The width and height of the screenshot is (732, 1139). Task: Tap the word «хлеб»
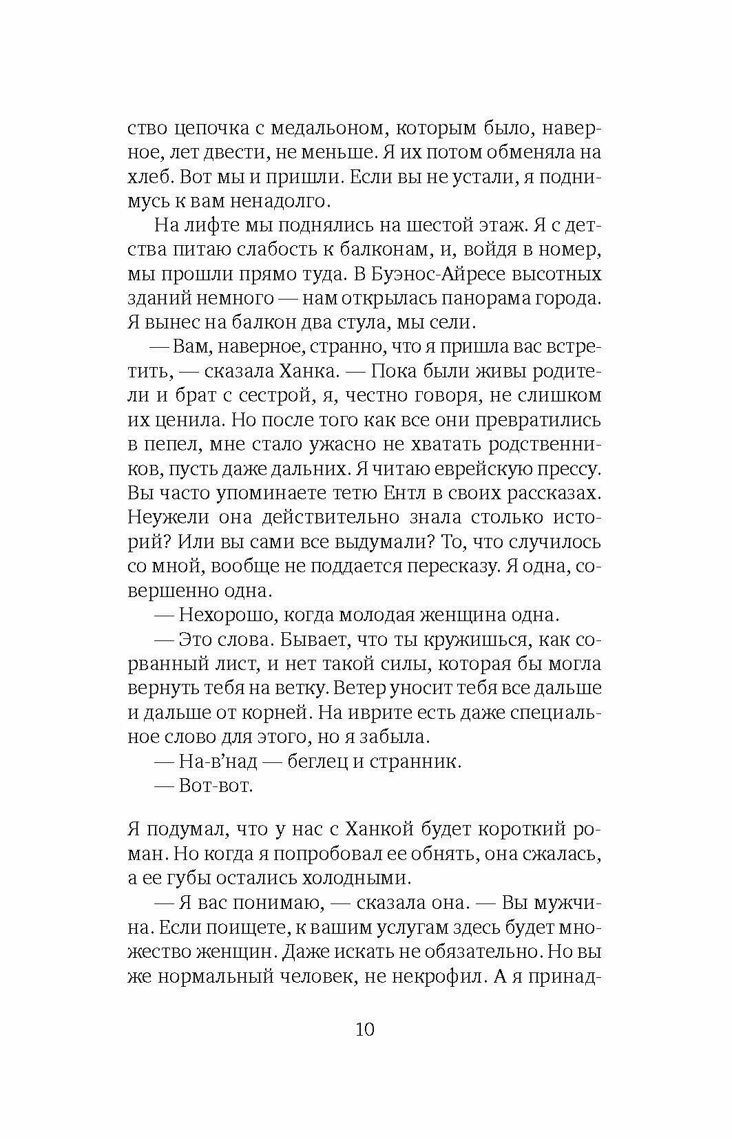pyautogui.click(x=149, y=176)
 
